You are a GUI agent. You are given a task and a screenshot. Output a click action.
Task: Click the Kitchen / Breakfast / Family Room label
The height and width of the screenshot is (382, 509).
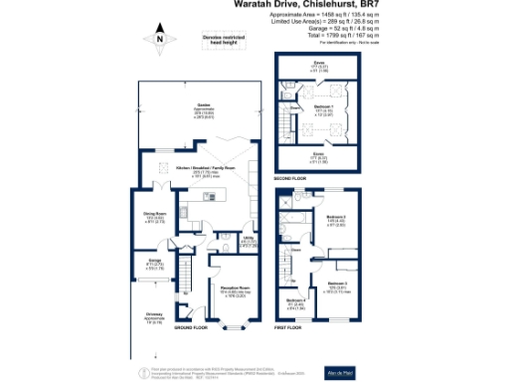click(x=206, y=169)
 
